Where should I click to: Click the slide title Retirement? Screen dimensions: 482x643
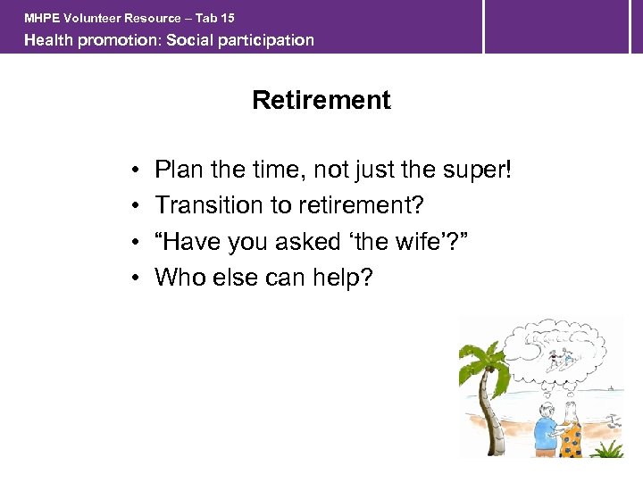[x=321, y=100]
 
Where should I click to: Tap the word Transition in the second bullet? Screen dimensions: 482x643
[x=205, y=205]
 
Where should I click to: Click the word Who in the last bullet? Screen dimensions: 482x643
[x=179, y=277]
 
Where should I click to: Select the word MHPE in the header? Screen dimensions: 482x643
[x=42, y=18]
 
